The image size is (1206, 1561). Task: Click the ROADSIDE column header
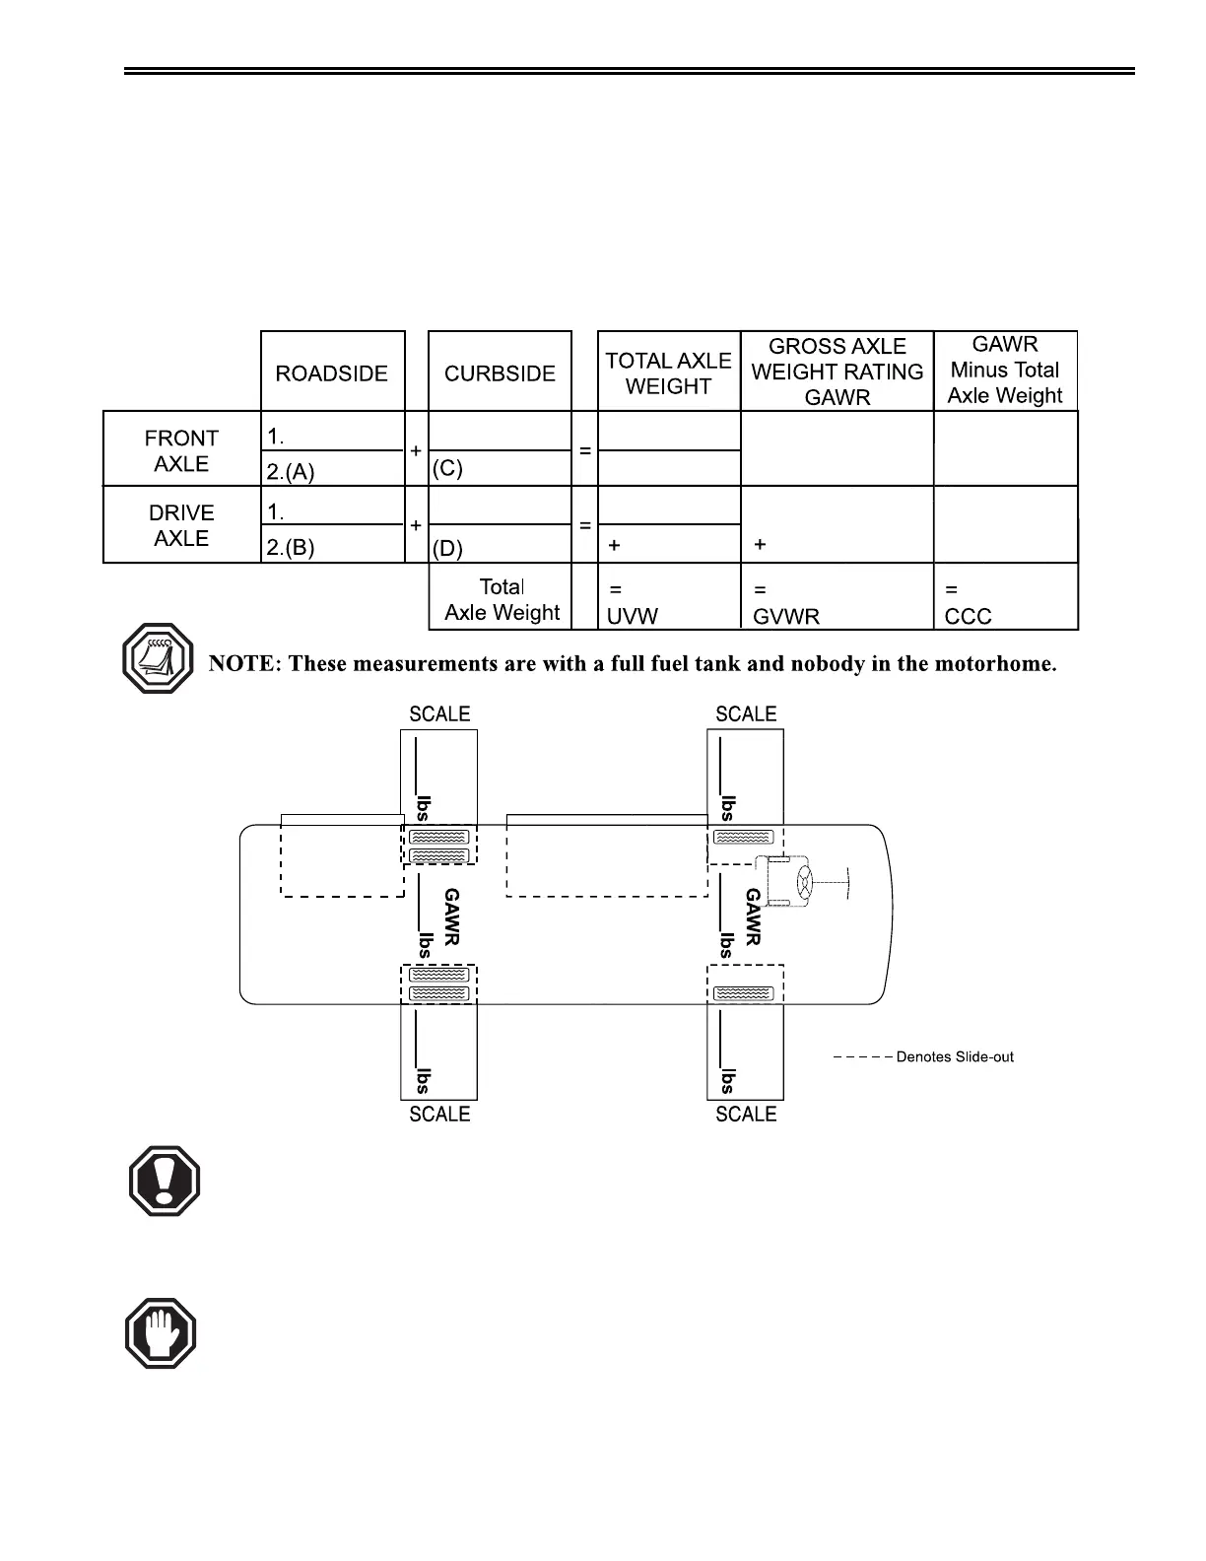pyautogui.click(x=332, y=373)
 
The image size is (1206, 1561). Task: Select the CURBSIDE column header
pyautogui.click(x=500, y=373)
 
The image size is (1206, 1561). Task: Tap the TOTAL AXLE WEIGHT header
pyautogui.click(x=668, y=373)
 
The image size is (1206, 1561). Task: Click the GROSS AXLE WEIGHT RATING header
pyautogui.click(x=837, y=372)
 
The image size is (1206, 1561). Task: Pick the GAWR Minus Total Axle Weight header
pyautogui.click(x=1005, y=370)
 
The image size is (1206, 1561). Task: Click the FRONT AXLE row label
pyautogui.click(x=181, y=450)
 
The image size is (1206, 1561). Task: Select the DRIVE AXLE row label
pyautogui.click(x=181, y=525)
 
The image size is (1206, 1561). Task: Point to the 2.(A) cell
pyautogui.click(x=291, y=472)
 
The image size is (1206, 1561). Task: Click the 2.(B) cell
pyautogui.click(x=291, y=548)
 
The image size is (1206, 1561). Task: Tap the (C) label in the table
pyautogui.click(x=447, y=469)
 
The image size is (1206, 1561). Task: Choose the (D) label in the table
pyautogui.click(x=447, y=548)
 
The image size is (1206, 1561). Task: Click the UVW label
pyautogui.click(x=632, y=617)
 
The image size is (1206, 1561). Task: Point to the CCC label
pyautogui.click(x=968, y=617)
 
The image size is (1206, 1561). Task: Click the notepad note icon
pyautogui.click(x=159, y=657)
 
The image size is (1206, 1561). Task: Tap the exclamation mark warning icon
pyautogui.click(x=165, y=1181)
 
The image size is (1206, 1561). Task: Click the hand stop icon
pyautogui.click(x=161, y=1333)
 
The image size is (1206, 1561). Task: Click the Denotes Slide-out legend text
pyautogui.click(x=954, y=1057)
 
